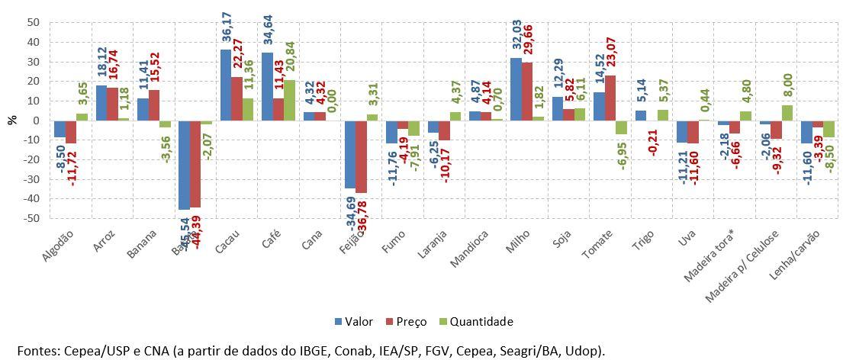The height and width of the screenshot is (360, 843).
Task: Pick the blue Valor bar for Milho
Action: [516, 88]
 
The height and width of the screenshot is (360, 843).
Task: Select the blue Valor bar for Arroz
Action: [101, 102]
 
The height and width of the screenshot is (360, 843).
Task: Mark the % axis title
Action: [12, 120]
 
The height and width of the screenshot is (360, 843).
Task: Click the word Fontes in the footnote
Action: [38, 350]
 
